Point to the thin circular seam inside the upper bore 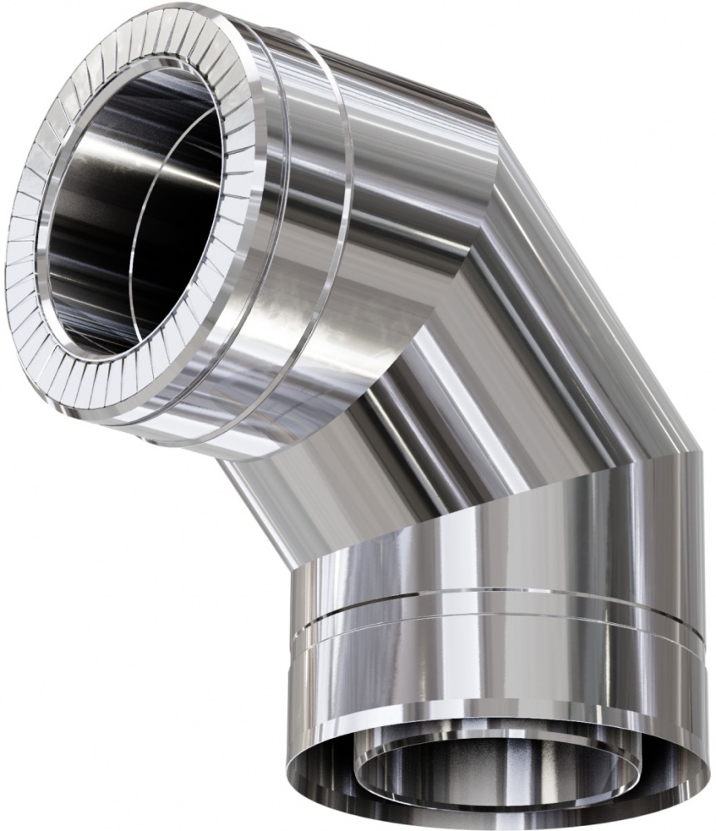tap(141, 208)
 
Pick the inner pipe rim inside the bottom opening tap(499, 731)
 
